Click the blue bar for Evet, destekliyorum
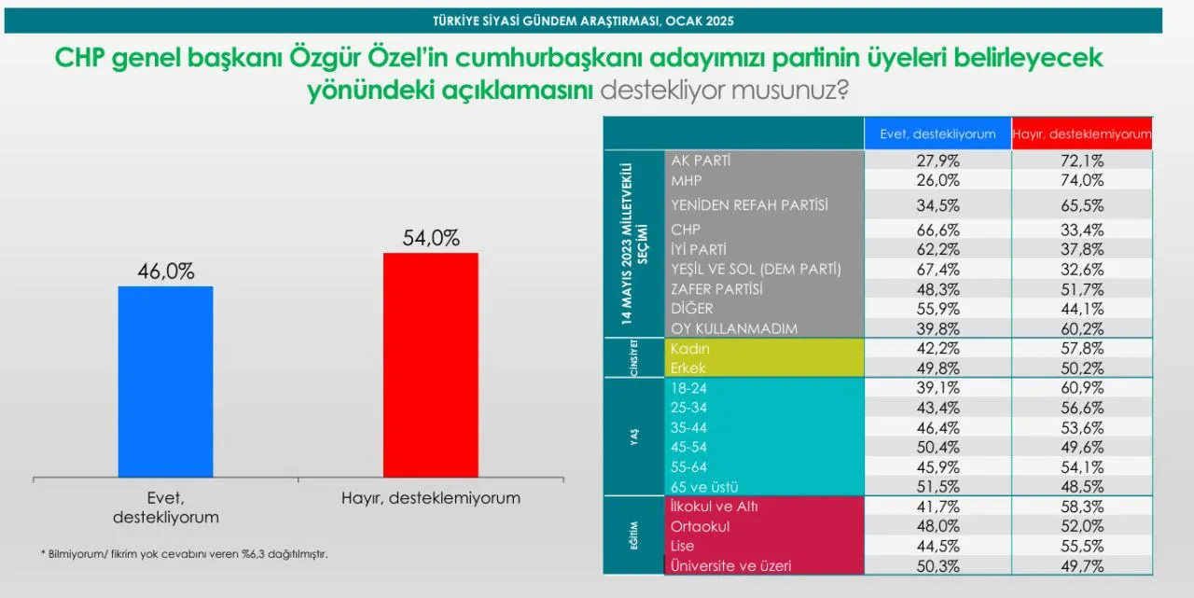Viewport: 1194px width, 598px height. click(166, 382)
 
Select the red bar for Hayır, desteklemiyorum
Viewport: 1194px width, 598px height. click(431, 365)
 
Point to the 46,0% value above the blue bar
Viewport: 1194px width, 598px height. click(166, 271)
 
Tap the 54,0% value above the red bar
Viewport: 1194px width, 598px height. click(431, 238)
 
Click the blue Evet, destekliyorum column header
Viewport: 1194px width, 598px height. click(937, 133)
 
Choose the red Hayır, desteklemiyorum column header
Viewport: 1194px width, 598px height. click(1081, 133)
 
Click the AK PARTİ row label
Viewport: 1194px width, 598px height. click(701, 160)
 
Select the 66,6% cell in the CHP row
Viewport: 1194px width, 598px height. click(937, 229)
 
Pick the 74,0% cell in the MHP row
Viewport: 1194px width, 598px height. click(1081, 180)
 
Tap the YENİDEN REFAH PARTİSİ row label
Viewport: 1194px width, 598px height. click(749, 205)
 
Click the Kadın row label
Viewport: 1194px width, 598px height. click(689, 349)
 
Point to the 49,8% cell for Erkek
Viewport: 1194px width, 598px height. click(937, 369)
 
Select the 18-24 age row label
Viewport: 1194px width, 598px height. click(688, 388)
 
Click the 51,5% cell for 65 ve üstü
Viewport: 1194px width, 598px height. click(937, 487)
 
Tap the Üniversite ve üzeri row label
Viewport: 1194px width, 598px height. click(730, 565)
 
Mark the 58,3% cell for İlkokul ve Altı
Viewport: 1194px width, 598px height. click(1081, 507)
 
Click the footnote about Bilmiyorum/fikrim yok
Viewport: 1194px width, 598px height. click(185, 554)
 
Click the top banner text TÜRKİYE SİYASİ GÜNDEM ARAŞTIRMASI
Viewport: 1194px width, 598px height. click(583, 21)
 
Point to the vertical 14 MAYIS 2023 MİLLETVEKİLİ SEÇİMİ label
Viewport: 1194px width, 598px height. click(634, 243)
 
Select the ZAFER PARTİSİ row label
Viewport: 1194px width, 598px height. click(716, 289)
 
